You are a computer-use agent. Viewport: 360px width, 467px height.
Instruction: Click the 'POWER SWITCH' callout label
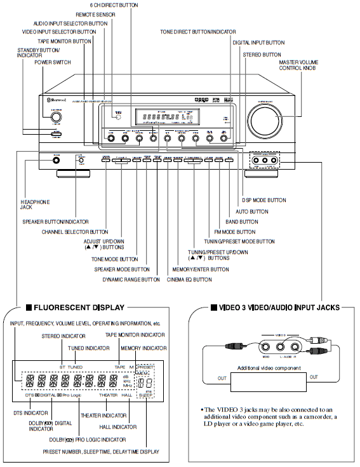tap(53, 62)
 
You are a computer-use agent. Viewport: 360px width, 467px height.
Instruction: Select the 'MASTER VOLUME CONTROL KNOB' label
tap(298, 65)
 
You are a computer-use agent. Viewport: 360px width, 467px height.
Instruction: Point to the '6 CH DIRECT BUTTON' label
tap(132, 5)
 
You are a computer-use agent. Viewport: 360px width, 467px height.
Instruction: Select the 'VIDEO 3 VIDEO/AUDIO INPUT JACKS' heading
tap(276, 308)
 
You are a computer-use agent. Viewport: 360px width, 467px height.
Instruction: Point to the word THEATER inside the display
tap(111, 395)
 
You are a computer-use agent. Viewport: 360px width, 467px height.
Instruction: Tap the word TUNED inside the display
tap(75, 367)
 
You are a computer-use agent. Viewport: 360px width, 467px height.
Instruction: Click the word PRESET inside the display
tap(145, 367)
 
